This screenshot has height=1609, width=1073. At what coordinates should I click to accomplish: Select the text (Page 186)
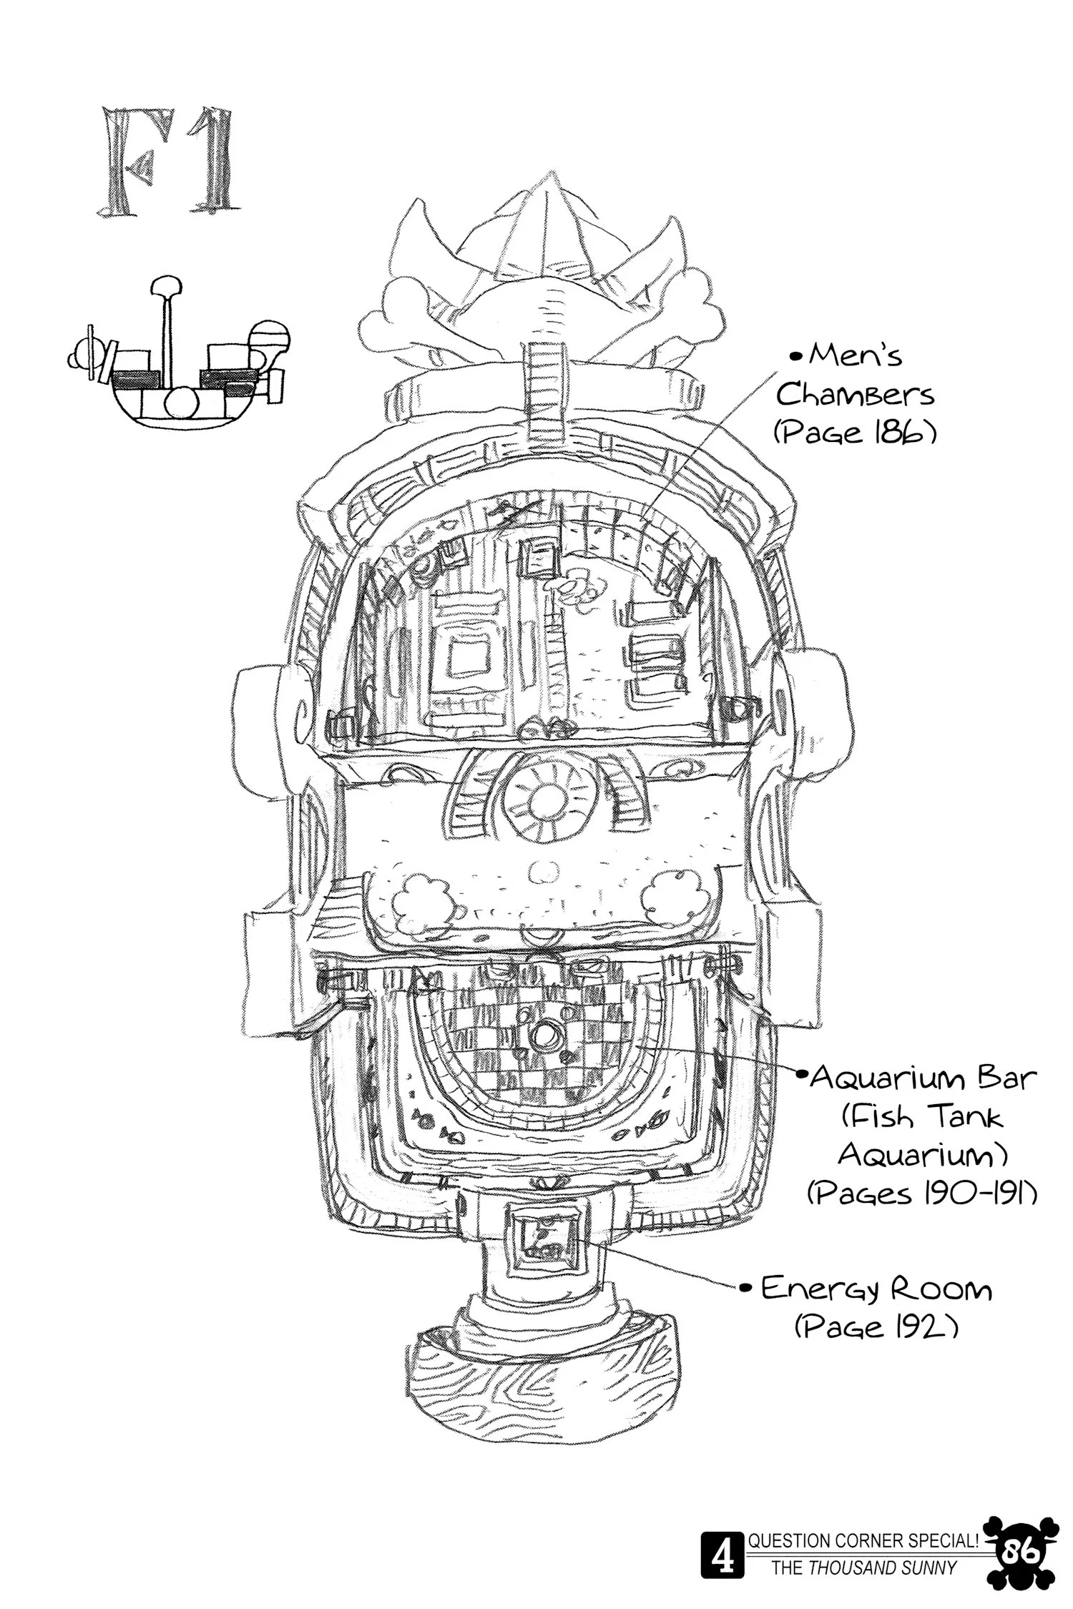[x=854, y=433]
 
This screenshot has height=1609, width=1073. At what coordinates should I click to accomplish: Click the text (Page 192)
[x=876, y=1327]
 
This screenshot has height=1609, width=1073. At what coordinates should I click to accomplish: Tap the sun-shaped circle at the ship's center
[x=548, y=795]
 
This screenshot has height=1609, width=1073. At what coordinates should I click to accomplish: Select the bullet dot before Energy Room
[x=745, y=1289]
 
